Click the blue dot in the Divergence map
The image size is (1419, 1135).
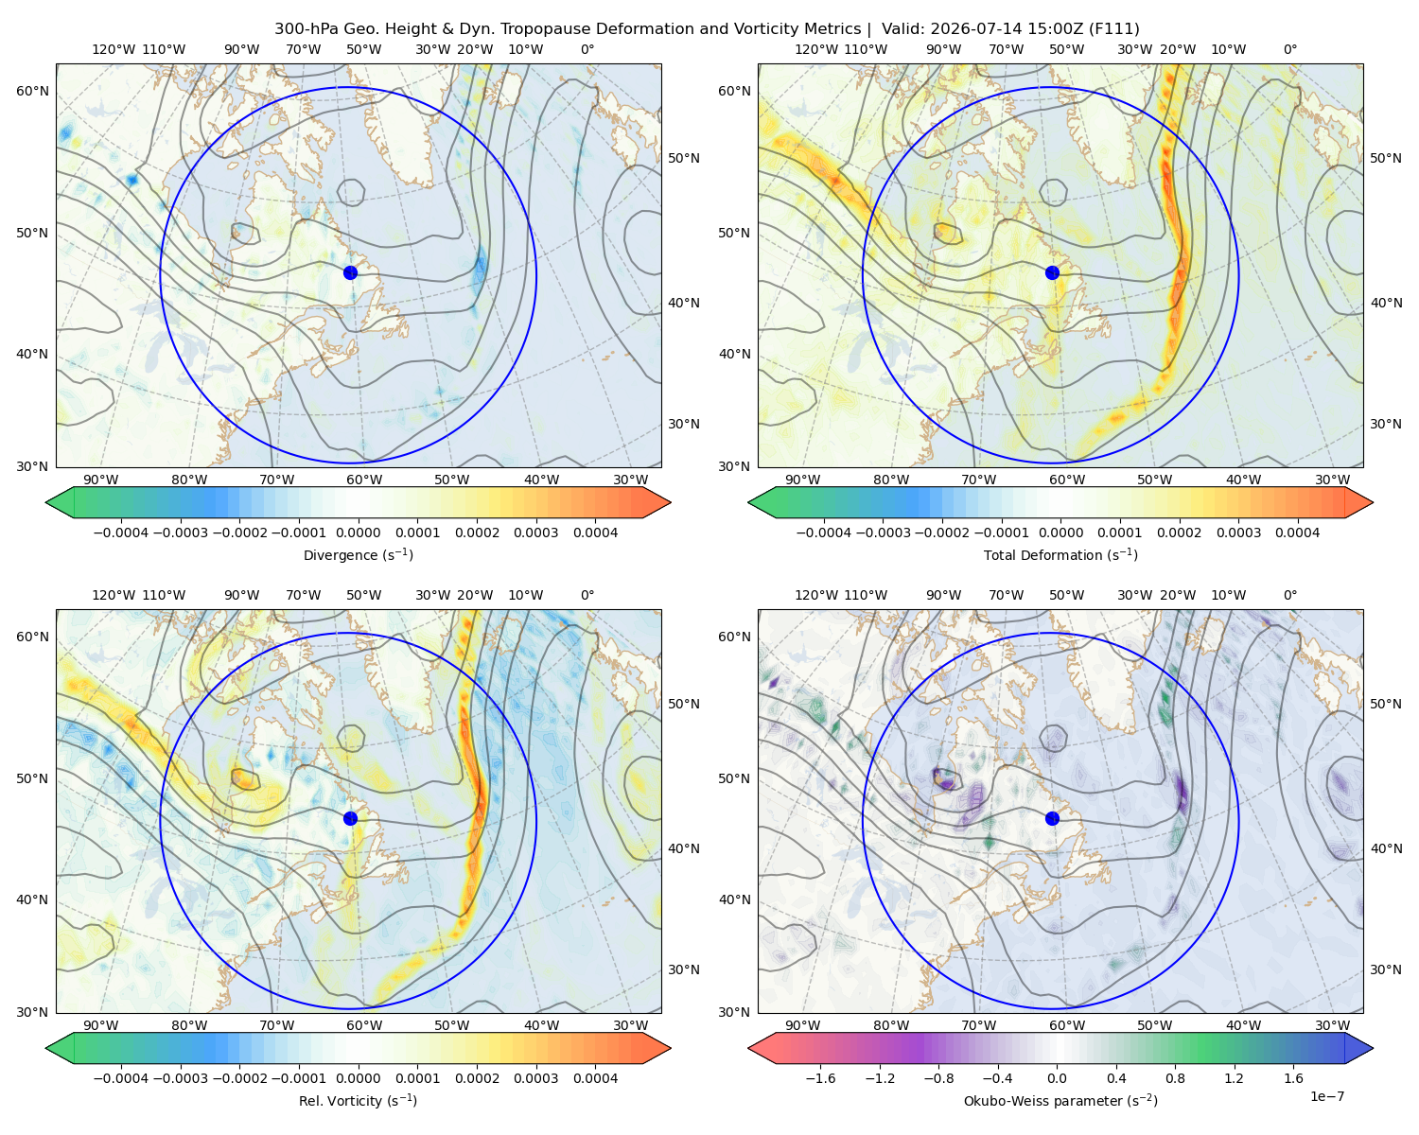tap(350, 272)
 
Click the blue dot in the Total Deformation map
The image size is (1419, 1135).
tap(1052, 272)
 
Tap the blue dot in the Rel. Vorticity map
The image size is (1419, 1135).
tap(350, 818)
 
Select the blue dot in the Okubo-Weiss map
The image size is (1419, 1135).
tap(1052, 818)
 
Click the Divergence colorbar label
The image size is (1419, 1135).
tap(358, 554)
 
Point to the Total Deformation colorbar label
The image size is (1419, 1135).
tap(1060, 554)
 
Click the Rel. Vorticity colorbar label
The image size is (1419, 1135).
tap(358, 1100)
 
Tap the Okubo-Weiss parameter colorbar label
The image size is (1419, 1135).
tap(1060, 1100)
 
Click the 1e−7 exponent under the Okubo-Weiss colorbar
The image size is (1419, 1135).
tap(1326, 1096)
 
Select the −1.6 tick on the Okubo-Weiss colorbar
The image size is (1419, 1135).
tap(820, 1077)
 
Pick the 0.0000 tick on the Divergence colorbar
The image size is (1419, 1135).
tap(358, 533)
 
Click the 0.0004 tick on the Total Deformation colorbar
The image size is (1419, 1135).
tap(1297, 533)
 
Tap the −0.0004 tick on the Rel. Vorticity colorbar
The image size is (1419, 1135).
tap(121, 1077)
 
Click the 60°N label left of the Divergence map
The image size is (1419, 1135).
tap(32, 91)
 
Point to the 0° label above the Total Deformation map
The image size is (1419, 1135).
tap(1289, 49)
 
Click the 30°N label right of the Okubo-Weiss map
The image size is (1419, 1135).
tap(1385, 969)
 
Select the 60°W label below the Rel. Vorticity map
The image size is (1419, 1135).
tap(364, 1025)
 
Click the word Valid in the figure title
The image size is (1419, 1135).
tap(901, 29)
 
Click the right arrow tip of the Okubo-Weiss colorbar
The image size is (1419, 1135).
tap(1373, 1048)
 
